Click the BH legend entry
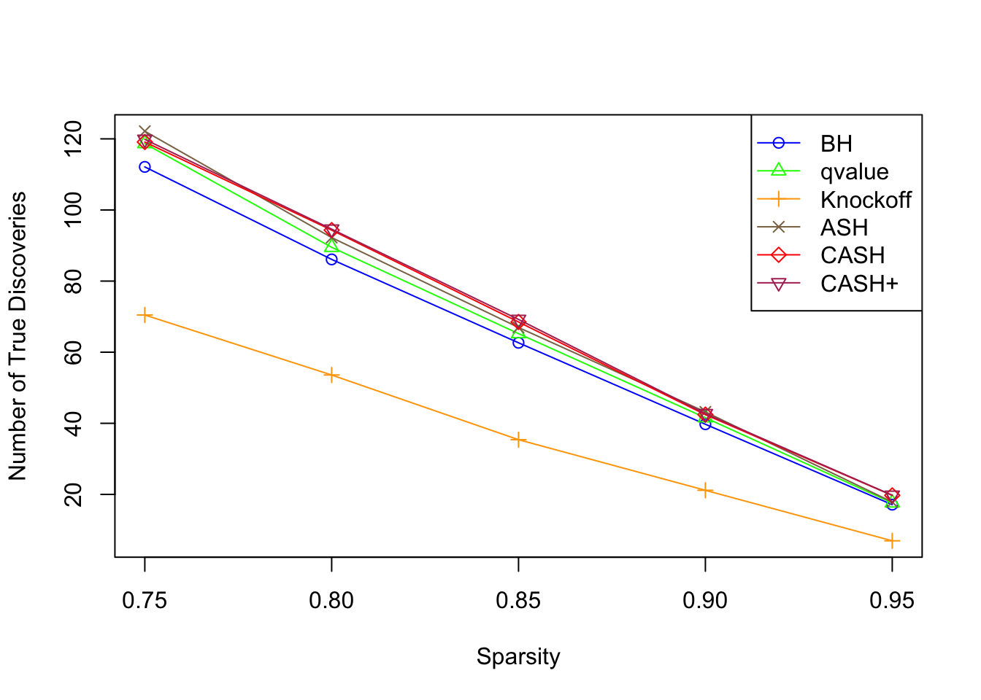(x=836, y=144)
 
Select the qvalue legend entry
(x=854, y=172)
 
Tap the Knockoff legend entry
(x=865, y=200)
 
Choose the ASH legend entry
(x=844, y=227)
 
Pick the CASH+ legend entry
(x=858, y=284)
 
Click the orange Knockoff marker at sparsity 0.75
(x=145, y=315)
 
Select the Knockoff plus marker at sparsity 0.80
(x=331, y=375)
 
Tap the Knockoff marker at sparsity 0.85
(x=518, y=440)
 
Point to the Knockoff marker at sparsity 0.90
(x=705, y=490)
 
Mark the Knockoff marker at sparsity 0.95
(x=892, y=541)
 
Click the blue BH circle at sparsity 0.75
(x=145, y=167)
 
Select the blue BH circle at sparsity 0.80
(x=331, y=259)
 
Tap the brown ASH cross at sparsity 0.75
(x=145, y=132)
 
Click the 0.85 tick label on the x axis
(x=518, y=601)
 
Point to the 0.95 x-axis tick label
(x=892, y=601)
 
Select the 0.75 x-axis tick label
(x=145, y=601)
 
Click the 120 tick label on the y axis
(x=74, y=139)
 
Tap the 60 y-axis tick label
(x=74, y=352)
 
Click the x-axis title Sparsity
(x=518, y=657)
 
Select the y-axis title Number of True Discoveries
(x=18, y=336)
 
